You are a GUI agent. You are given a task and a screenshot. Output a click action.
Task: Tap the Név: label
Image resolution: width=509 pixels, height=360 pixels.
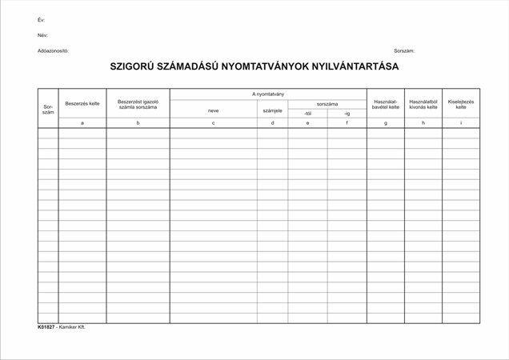point(42,35)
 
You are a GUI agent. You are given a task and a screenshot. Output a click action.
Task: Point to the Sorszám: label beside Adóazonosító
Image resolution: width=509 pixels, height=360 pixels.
point(405,50)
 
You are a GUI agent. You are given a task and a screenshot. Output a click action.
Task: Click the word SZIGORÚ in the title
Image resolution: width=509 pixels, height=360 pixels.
point(136,68)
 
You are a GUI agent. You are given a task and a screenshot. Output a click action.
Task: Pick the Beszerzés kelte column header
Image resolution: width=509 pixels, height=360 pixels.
point(82,103)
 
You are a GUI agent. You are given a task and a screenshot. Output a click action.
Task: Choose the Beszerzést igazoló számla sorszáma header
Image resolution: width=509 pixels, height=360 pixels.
point(138,104)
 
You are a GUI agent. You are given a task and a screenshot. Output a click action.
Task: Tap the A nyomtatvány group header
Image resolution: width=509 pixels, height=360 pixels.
point(268,94)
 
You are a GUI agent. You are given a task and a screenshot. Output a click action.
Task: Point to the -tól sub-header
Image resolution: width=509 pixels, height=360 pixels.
point(308,114)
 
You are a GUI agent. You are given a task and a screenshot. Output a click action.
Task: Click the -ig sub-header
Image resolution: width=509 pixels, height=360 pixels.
point(347,114)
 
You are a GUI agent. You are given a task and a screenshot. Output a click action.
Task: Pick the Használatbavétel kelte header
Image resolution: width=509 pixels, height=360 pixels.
point(386,104)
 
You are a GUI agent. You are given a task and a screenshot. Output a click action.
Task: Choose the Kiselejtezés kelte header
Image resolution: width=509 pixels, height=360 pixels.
point(461,104)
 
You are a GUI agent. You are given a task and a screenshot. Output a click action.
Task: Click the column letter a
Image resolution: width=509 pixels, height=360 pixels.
point(82,123)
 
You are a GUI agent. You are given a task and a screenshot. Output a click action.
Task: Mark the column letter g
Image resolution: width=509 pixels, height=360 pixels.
point(386,123)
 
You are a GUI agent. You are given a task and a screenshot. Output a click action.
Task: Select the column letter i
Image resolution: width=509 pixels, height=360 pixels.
point(461,123)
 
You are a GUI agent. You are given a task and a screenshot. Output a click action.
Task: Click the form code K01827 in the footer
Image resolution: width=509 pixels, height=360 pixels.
point(46,327)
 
